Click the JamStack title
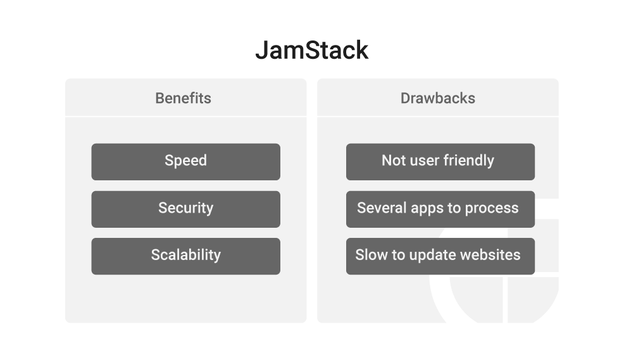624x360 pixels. pyautogui.click(x=312, y=50)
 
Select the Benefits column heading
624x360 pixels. pyautogui.click(x=183, y=98)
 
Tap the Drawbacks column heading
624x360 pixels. pyautogui.click(x=438, y=98)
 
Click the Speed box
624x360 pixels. pyautogui.click(x=186, y=162)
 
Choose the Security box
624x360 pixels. pyautogui.click(x=186, y=209)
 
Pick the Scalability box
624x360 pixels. pyautogui.click(x=186, y=256)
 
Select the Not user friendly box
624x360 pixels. pyautogui.click(x=440, y=162)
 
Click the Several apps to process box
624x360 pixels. pyautogui.click(x=440, y=209)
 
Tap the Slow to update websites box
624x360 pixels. pyautogui.click(x=440, y=256)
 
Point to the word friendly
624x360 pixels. pyautogui.click(x=469, y=161)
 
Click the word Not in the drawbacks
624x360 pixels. pyautogui.click(x=393, y=160)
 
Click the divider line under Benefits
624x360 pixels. pyautogui.click(x=186, y=116)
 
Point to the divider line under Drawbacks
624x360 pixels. pyautogui.click(x=438, y=116)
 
